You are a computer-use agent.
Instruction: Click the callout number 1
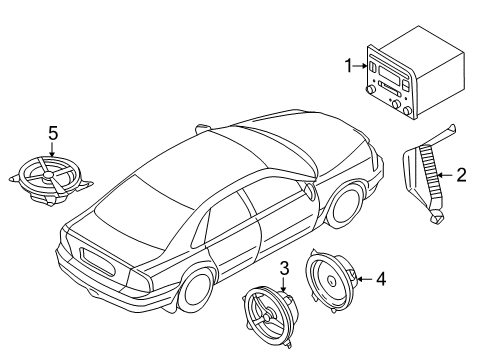coord(349,66)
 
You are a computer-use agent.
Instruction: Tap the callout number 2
coord(461,175)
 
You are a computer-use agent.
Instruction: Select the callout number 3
coord(284,268)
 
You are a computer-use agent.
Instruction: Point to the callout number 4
coord(381,279)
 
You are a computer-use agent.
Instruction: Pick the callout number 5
coord(53,133)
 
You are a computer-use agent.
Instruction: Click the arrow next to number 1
coord(360,66)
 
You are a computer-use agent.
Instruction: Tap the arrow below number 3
coord(284,285)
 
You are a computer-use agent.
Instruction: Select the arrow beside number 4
coord(365,279)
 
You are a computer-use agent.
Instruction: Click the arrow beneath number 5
coord(52,149)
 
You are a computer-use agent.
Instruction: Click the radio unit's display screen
coord(389,74)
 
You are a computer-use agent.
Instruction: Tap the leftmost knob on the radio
coord(370,90)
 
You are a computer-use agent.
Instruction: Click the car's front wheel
coord(345,207)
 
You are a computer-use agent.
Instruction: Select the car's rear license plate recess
coord(97,262)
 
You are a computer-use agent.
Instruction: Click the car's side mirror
coord(310,191)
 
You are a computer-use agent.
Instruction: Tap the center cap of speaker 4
coord(331,281)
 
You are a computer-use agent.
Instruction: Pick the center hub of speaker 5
coord(49,175)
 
